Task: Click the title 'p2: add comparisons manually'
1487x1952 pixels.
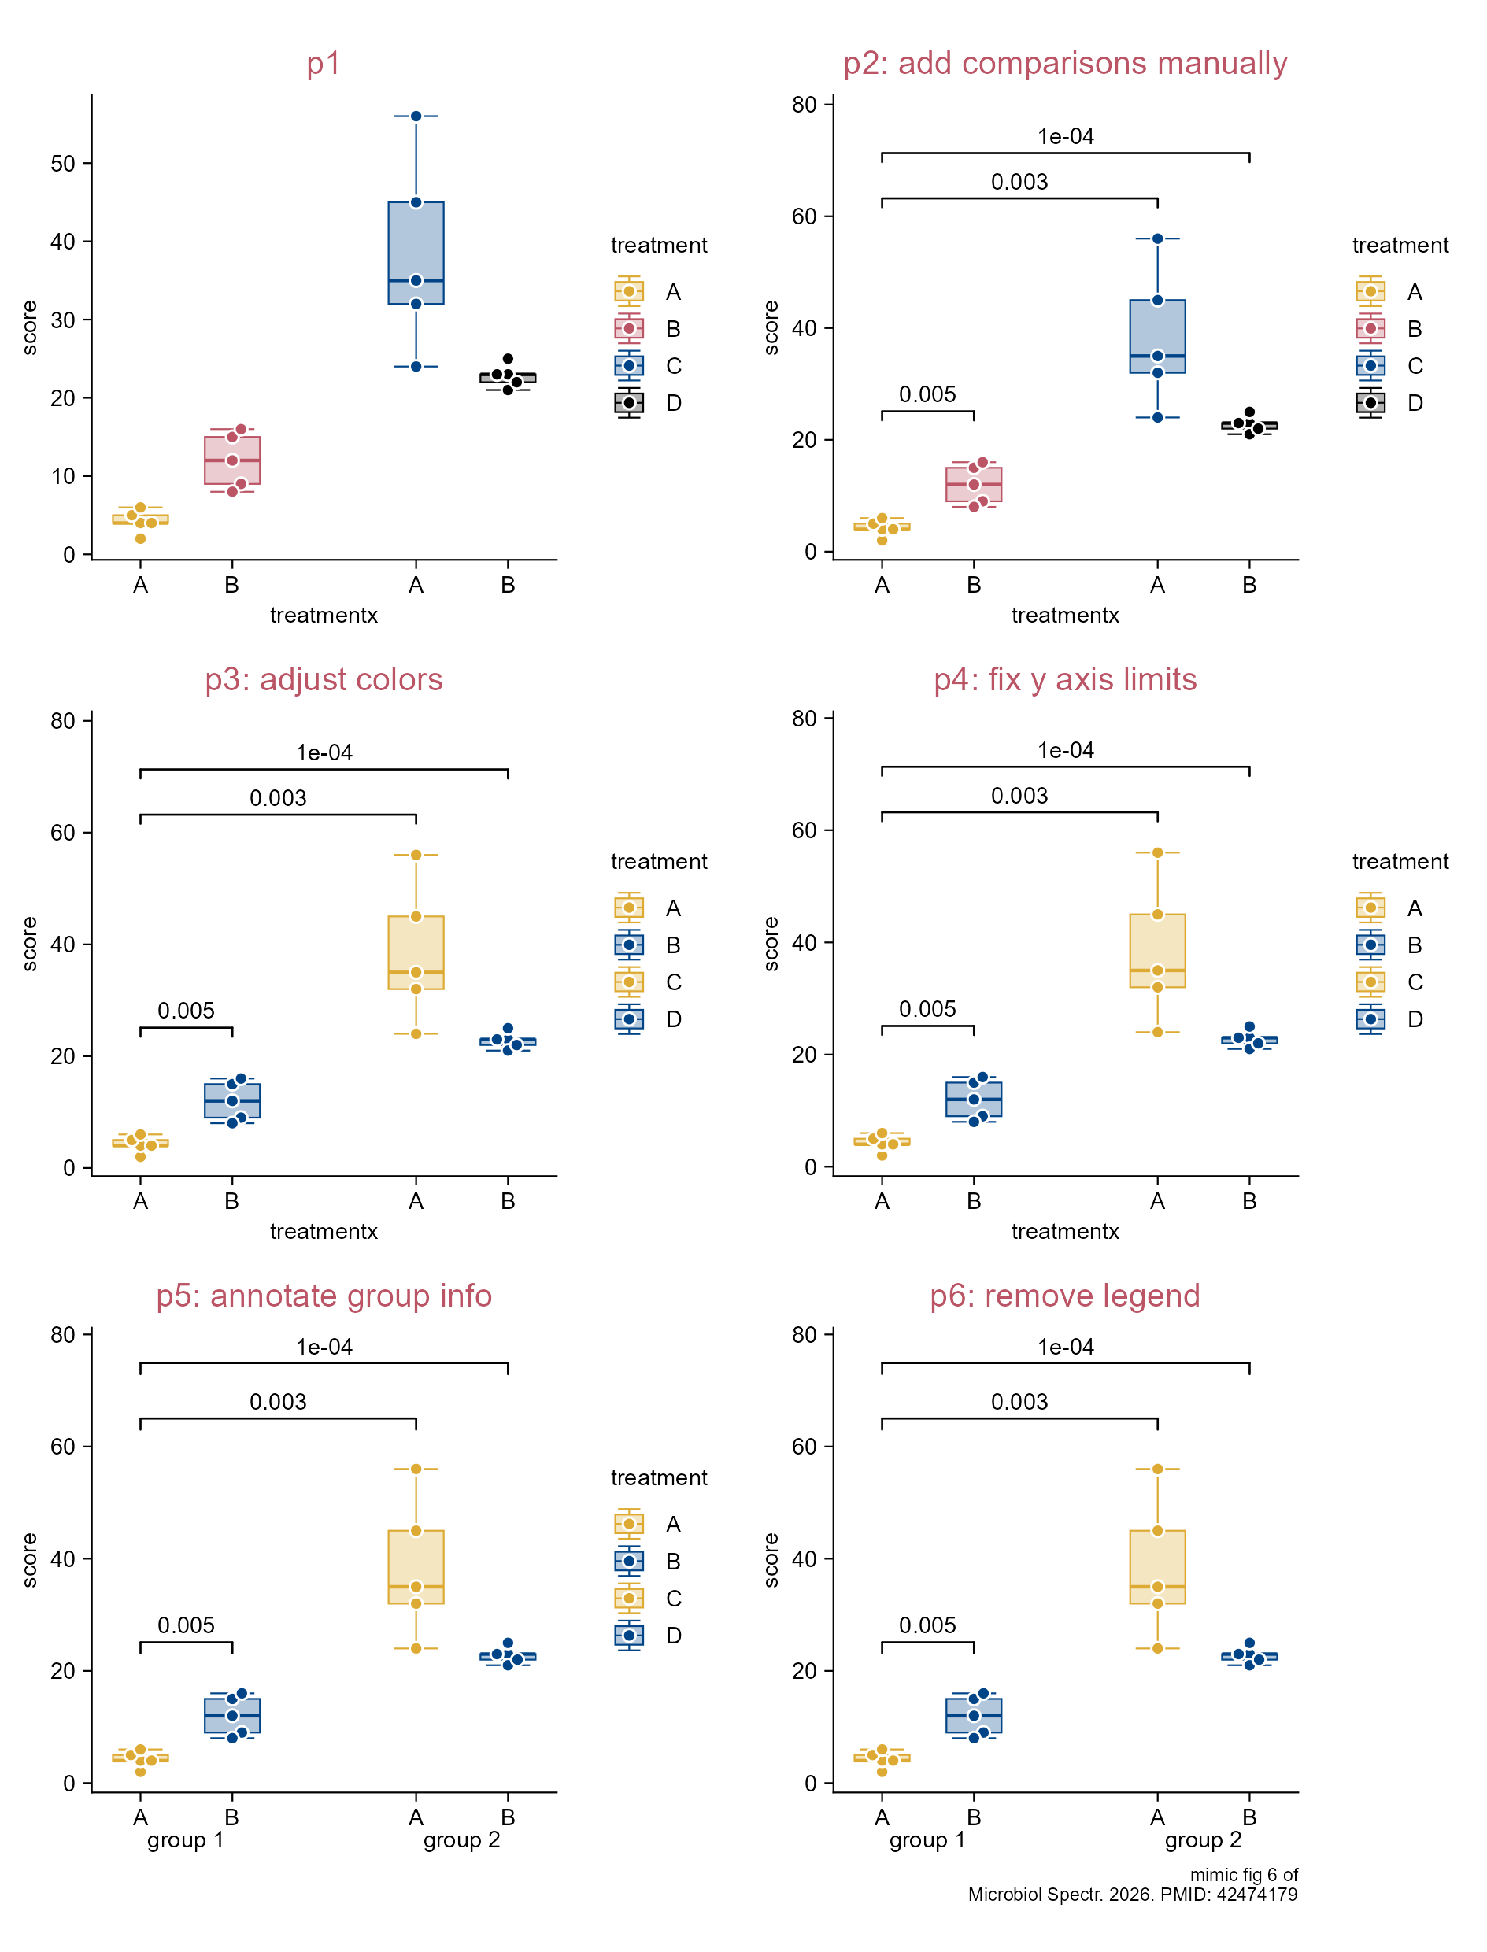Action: (1065, 64)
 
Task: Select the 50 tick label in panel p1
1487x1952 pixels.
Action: (63, 164)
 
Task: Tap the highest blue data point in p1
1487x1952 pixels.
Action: (416, 116)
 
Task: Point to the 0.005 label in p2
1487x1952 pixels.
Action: (927, 394)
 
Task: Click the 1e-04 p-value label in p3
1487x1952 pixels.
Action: (324, 753)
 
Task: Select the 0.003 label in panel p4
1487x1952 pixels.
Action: (1019, 796)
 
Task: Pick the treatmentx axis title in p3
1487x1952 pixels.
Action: (324, 1231)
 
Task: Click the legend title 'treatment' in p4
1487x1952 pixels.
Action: (1400, 861)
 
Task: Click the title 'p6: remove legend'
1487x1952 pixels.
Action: (1065, 1296)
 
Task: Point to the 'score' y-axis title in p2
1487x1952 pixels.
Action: (771, 327)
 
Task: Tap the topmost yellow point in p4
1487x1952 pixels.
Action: (1157, 852)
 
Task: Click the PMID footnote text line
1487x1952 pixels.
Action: (1132, 1895)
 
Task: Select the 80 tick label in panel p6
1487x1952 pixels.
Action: (805, 1334)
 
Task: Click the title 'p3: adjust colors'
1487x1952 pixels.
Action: (324, 679)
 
